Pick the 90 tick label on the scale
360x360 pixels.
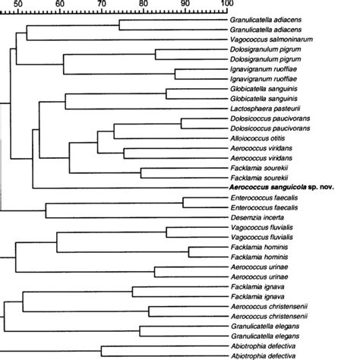185,4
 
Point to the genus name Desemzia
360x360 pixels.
248,217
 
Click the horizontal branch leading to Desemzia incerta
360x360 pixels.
137,217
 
